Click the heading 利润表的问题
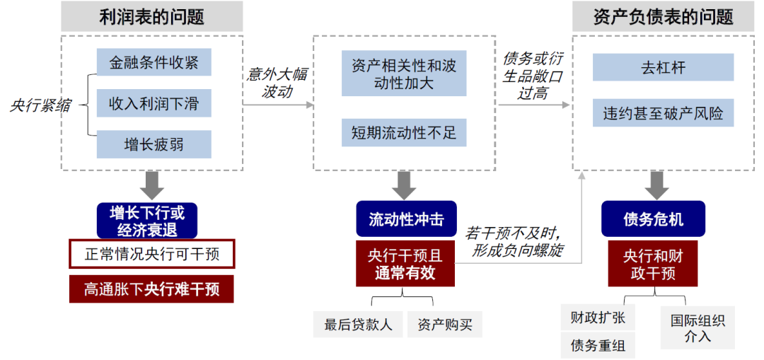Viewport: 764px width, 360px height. pyautogui.click(x=151, y=16)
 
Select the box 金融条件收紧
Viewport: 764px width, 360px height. pyautogui.click(x=154, y=62)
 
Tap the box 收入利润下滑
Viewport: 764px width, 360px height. pyautogui.click(x=154, y=103)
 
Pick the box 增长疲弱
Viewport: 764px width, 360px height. pyautogui.click(x=154, y=144)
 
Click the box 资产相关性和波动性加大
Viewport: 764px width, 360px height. pyautogui.click(x=404, y=74)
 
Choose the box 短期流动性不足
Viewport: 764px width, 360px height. pyautogui.click(x=404, y=132)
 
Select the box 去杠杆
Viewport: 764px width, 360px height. pyautogui.click(x=663, y=68)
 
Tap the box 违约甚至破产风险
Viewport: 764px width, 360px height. pyautogui.click(x=663, y=112)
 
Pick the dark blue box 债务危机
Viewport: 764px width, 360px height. pyautogui.click(x=653, y=219)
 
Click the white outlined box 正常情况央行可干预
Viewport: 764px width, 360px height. pyautogui.click(x=151, y=254)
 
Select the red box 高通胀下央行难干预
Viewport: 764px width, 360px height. pyautogui.click(x=151, y=289)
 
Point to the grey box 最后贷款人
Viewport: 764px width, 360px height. pyautogui.click(x=358, y=325)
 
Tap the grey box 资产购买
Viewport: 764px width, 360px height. pyautogui.click(x=445, y=325)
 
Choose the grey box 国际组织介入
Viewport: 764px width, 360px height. pyautogui.click(x=698, y=328)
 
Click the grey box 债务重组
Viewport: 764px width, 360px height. pyautogui.click(x=597, y=346)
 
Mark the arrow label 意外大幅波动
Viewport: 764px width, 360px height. pyautogui.click(x=276, y=83)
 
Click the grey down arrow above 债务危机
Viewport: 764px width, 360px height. pyautogui.click(x=657, y=185)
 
